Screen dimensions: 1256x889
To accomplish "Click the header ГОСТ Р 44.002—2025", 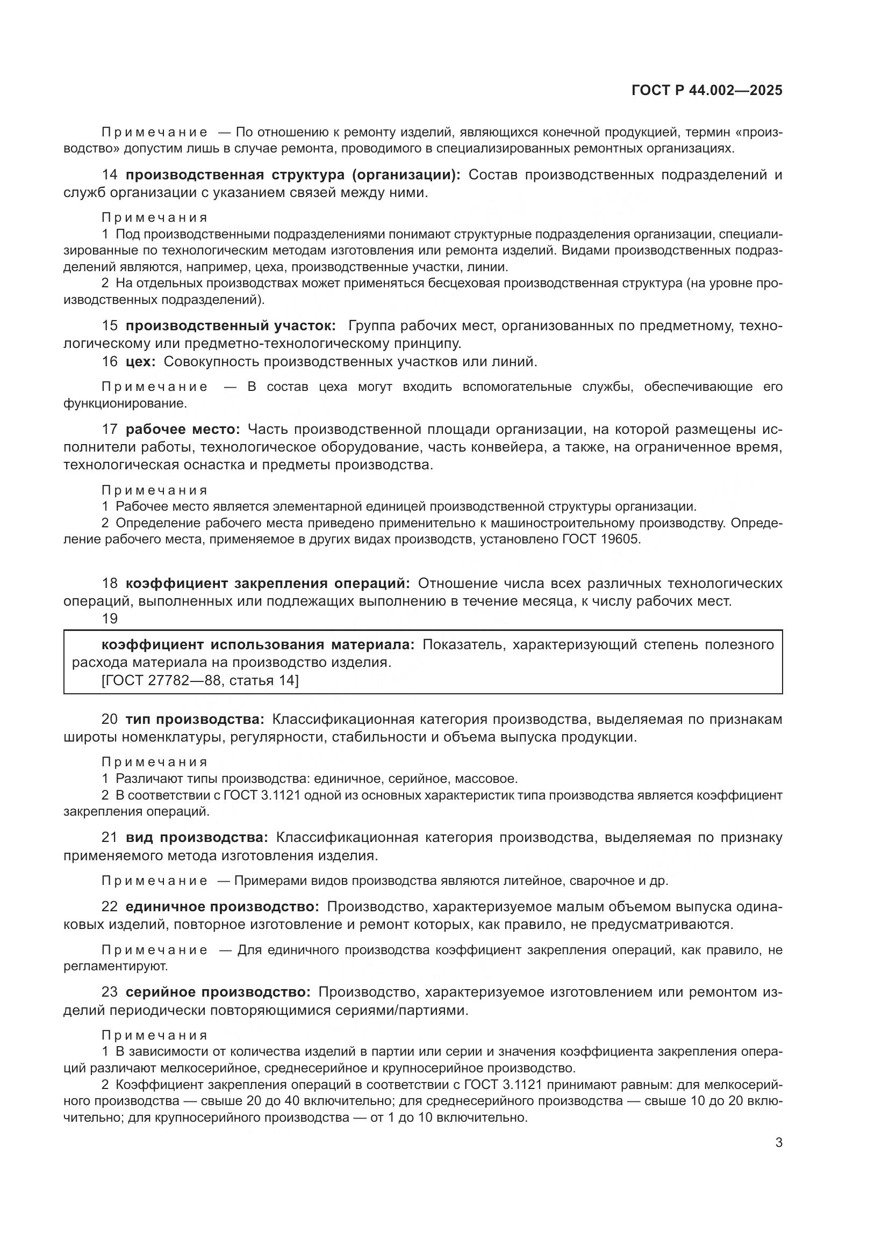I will [707, 90].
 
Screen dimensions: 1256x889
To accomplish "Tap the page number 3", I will [778, 1158].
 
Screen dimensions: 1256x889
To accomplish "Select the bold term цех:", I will [141, 361].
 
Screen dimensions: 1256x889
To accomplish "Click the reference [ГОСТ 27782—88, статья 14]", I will [200, 680].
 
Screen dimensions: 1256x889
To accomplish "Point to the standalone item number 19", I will [110, 619].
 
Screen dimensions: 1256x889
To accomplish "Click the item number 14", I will [110, 175].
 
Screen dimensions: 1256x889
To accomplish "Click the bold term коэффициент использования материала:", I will [259, 644].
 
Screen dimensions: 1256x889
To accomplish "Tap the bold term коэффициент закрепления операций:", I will [268, 583].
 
